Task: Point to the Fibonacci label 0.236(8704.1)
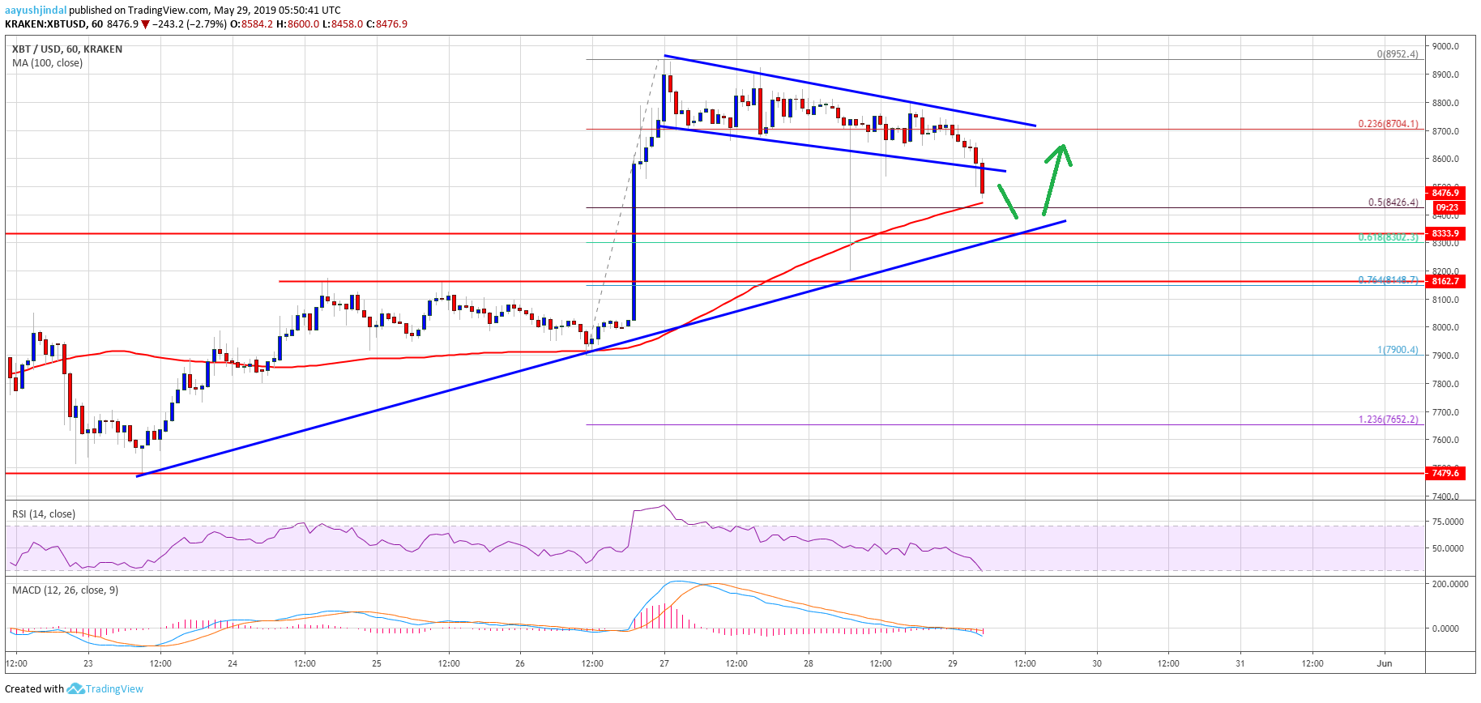coord(1388,124)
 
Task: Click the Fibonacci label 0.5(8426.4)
coord(1393,202)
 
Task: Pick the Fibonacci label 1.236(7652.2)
coord(1388,420)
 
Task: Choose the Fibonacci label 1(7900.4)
coord(1398,350)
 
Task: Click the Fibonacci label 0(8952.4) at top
coord(1398,54)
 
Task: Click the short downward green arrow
coord(1008,202)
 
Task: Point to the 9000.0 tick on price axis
coord(1445,47)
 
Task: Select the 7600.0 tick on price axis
coord(1445,441)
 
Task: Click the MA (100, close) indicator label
coord(47,63)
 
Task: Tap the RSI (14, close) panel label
coord(43,514)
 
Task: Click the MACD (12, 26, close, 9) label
coord(65,590)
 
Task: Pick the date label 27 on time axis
coord(664,663)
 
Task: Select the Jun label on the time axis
coord(1385,663)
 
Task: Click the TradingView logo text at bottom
coord(113,689)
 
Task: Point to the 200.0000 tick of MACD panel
coord(1449,584)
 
